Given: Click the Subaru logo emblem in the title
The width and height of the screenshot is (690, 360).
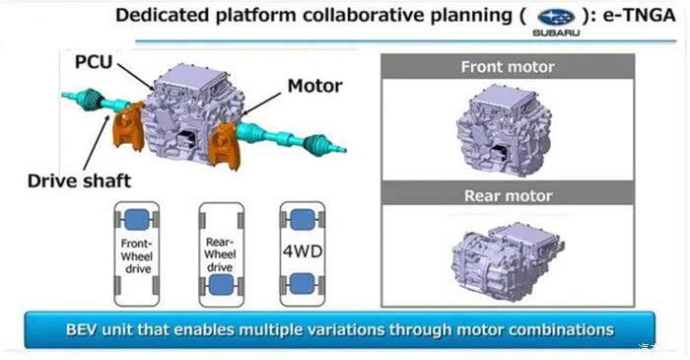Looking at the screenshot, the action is click(x=556, y=17).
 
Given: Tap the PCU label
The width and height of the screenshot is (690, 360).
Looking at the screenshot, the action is click(x=94, y=61).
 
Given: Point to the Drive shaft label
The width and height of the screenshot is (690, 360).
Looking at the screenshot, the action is click(x=79, y=180).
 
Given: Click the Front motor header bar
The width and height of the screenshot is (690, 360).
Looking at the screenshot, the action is click(x=508, y=66).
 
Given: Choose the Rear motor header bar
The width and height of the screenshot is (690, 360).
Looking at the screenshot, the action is click(x=508, y=195).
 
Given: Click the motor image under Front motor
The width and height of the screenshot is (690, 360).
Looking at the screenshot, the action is click(x=504, y=130).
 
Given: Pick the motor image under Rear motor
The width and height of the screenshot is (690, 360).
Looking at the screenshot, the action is click(x=508, y=261).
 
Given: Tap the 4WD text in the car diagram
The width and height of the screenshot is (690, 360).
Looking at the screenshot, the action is click(x=303, y=252).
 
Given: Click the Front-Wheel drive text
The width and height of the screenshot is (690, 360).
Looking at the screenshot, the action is click(x=136, y=256).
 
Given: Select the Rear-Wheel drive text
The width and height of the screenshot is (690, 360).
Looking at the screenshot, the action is click(x=220, y=254).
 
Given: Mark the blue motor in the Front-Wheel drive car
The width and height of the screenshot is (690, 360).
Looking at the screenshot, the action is click(x=136, y=220).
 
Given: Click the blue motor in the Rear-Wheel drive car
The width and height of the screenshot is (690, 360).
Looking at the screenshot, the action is click(x=221, y=285).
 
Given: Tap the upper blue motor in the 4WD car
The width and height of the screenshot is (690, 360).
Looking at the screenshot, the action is click(x=303, y=220).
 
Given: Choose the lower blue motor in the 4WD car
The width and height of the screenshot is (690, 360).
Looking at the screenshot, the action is click(x=303, y=283).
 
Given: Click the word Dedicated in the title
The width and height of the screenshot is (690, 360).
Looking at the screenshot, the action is click(x=162, y=16).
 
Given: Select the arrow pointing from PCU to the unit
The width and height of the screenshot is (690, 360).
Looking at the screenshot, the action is click(x=136, y=77).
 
